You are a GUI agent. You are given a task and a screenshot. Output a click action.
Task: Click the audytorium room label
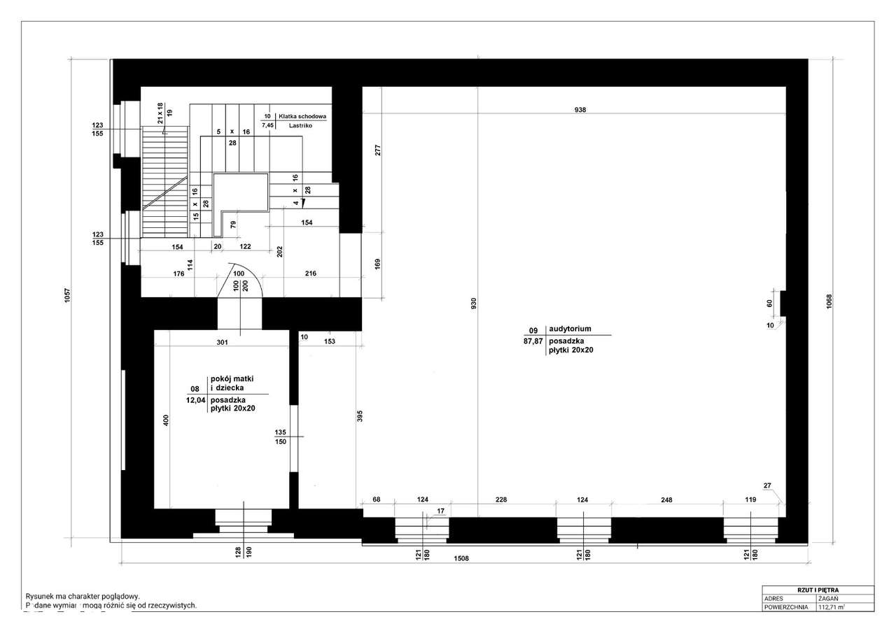(x=570, y=329)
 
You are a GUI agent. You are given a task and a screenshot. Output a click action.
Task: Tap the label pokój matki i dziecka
(x=227, y=382)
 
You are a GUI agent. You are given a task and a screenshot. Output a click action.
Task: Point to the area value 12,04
(x=195, y=401)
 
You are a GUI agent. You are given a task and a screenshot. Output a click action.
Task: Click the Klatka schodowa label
(x=302, y=116)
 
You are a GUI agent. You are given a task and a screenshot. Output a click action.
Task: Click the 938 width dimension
(x=580, y=110)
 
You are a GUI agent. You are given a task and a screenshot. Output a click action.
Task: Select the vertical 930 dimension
(x=474, y=304)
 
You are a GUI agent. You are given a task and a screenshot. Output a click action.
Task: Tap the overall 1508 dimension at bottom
(x=461, y=559)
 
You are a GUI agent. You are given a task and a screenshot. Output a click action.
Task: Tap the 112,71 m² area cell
(x=831, y=607)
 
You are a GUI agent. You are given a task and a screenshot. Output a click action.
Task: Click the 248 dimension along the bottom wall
(x=666, y=499)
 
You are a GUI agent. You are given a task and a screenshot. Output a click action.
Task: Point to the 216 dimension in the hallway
(x=310, y=273)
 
